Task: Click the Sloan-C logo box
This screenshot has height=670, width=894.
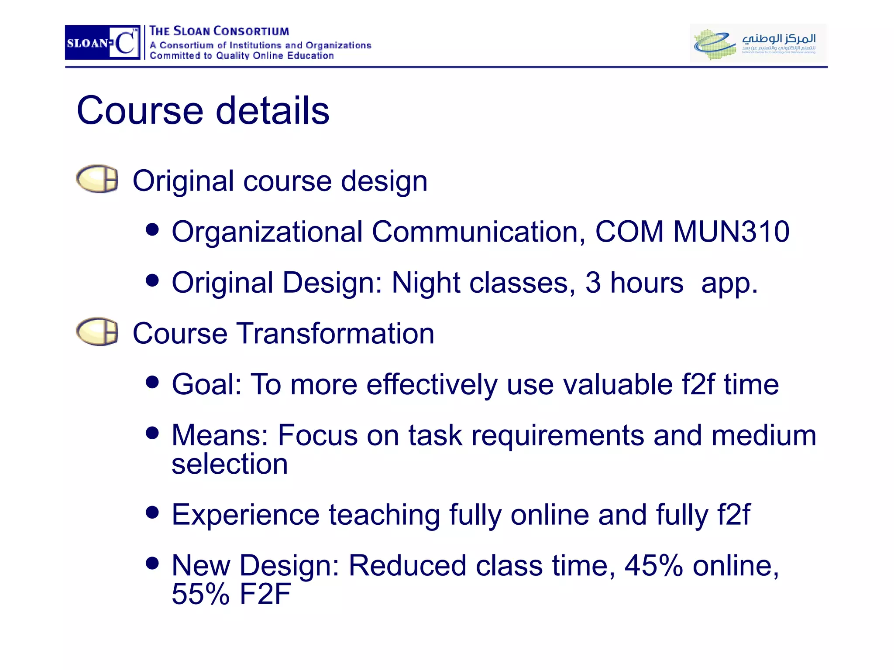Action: (103, 42)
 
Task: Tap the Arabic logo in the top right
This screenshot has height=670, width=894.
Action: (757, 43)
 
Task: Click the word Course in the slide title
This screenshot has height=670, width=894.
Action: (140, 111)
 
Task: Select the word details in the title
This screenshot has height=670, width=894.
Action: (273, 111)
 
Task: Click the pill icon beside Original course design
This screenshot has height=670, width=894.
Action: (97, 179)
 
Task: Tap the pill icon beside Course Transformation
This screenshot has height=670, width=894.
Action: (97, 332)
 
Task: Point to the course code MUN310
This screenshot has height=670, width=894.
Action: (731, 231)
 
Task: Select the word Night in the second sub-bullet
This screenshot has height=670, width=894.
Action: (426, 283)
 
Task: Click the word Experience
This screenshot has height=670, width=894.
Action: (245, 515)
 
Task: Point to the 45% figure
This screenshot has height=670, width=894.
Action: (653, 565)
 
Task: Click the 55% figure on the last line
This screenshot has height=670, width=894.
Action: (200, 594)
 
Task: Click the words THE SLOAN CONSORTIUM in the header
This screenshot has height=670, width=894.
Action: (219, 31)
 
